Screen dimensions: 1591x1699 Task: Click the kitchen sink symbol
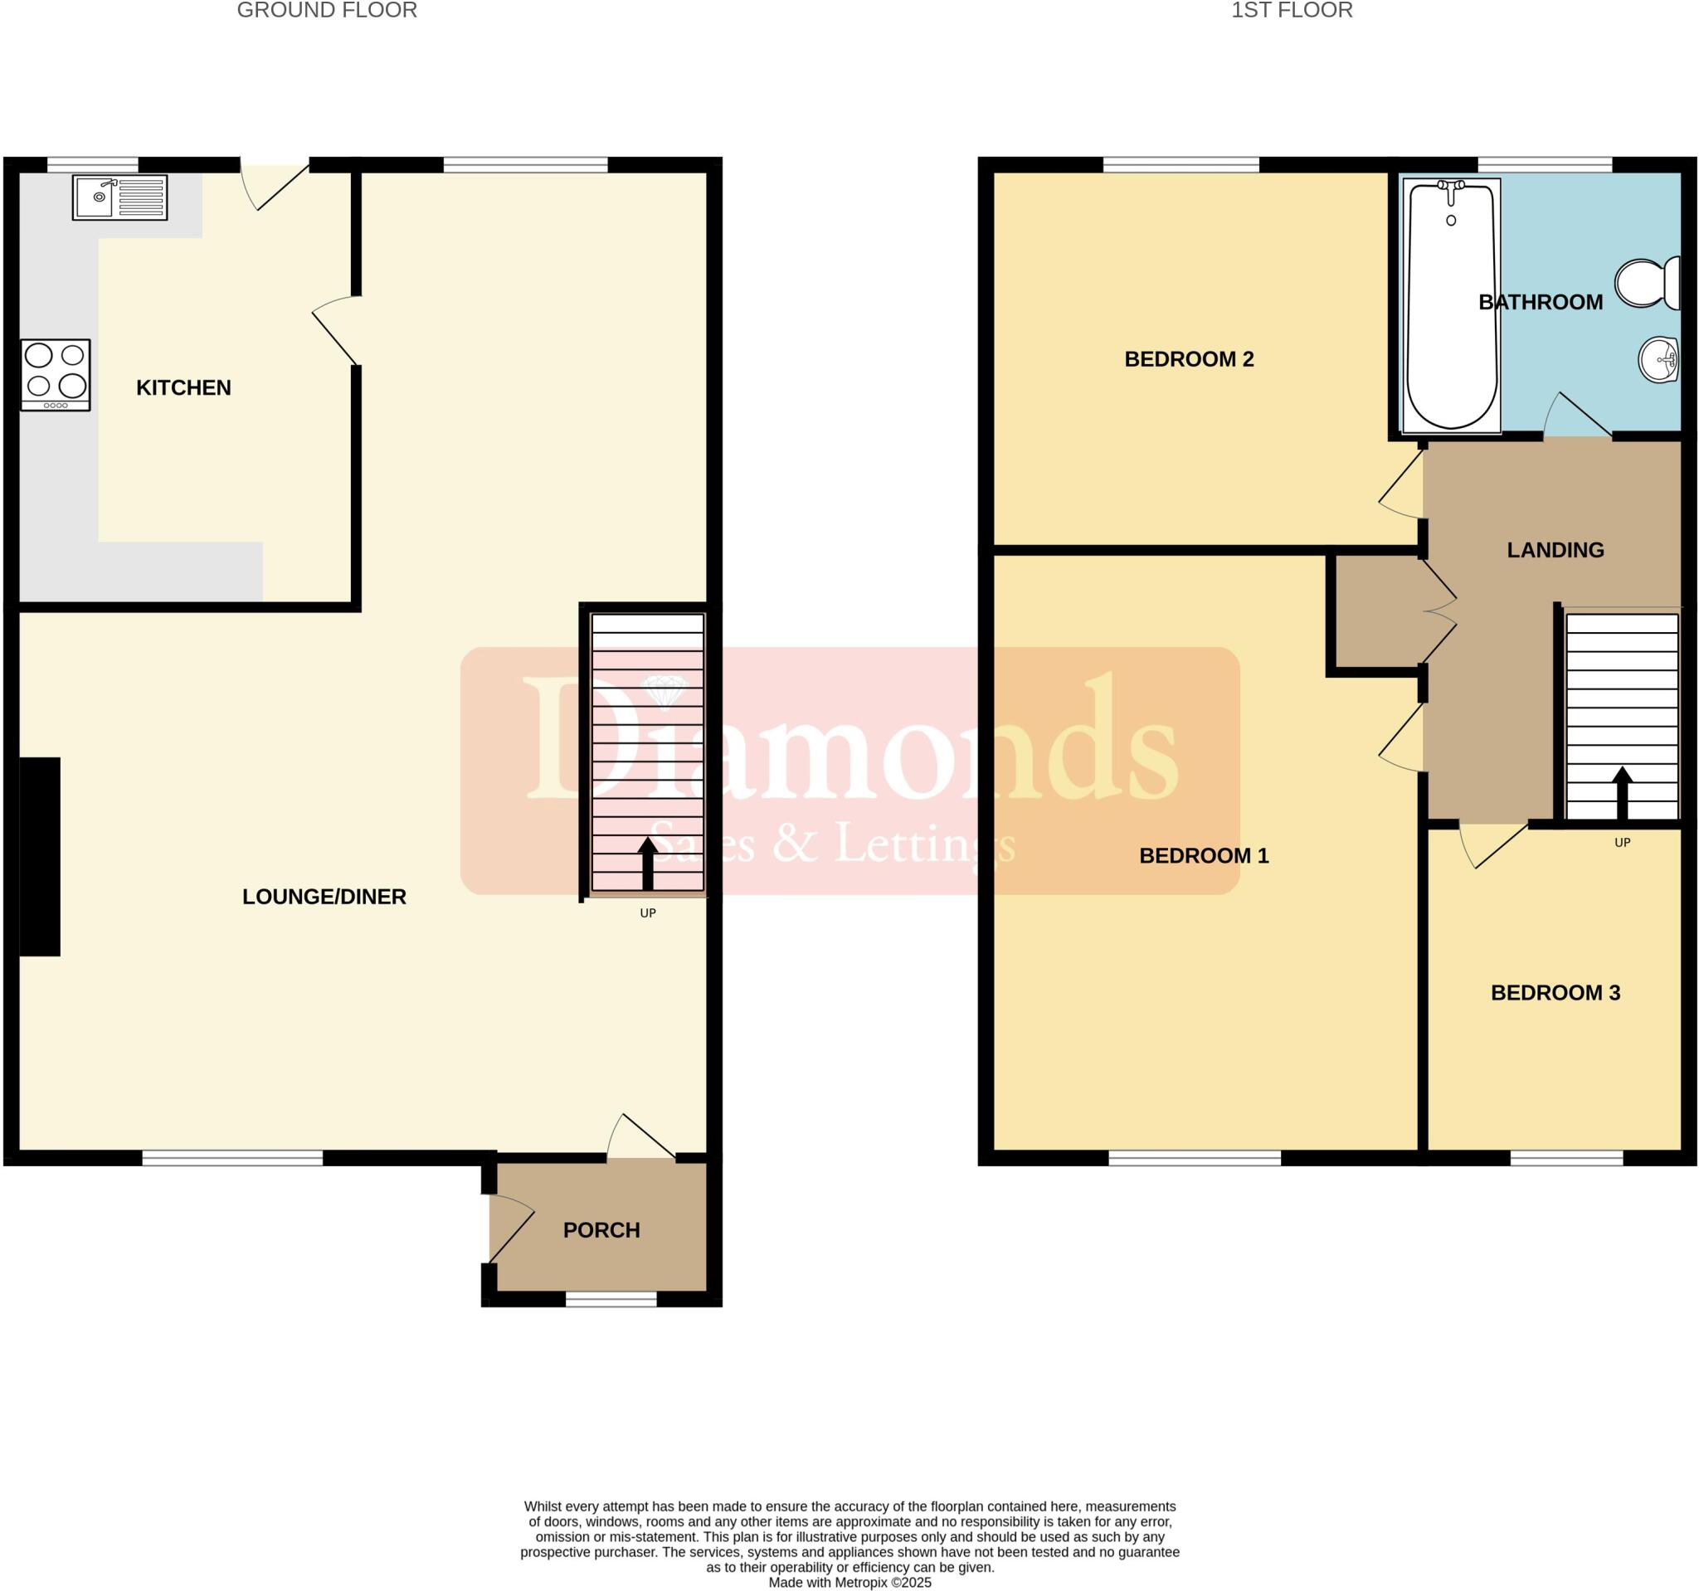point(119,197)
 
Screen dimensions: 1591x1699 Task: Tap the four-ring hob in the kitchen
point(56,374)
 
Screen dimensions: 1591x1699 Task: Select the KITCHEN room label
point(183,388)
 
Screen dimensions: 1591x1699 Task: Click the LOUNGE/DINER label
point(324,897)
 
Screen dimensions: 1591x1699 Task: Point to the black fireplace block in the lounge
point(39,856)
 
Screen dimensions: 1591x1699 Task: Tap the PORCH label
point(601,1229)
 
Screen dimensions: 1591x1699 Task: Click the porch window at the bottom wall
point(611,1300)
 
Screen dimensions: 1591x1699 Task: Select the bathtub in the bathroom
point(1451,304)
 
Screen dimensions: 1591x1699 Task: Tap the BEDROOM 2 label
point(1188,359)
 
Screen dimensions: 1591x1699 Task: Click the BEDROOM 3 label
point(1555,992)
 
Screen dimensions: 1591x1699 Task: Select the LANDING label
point(1555,550)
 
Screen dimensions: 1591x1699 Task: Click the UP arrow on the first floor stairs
point(1621,792)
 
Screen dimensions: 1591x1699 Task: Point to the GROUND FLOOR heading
point(327,10)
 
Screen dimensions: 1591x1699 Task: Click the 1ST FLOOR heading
point(1291,10)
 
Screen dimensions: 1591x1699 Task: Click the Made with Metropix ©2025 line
point(849,1583)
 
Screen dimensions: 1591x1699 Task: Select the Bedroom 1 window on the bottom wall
point(1194,1158)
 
